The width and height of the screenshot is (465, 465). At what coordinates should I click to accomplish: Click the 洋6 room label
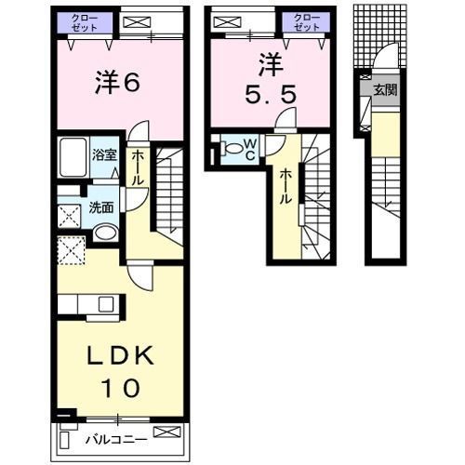tap(116, 83)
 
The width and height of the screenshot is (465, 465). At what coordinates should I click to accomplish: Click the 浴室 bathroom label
tap(104, 155)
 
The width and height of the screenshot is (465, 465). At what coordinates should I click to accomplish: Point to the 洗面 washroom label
tap(101, 209)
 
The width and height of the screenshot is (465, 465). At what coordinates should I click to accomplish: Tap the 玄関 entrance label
tap(383, 90)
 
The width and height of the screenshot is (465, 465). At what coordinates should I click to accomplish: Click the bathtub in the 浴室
tap(73, 160)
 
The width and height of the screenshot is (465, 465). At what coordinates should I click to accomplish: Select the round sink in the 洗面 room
tap(105, 232)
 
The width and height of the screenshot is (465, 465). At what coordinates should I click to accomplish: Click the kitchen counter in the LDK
tap(89, 304)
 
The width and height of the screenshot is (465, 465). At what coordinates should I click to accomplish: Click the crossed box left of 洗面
tap(69, 217)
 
